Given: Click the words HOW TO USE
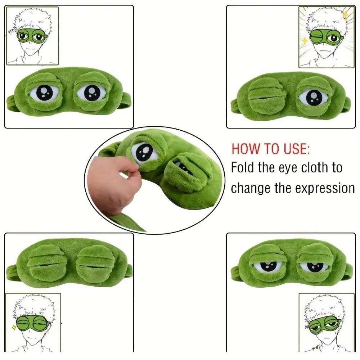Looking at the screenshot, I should tap(270, 148).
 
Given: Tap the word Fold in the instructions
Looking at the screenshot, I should tap(243, 167).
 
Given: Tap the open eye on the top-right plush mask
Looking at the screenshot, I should tap(314, 98).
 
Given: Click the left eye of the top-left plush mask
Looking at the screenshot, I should tap(45, 93).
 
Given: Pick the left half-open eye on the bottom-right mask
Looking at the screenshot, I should tap(268, 266).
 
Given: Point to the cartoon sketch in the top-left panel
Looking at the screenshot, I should tap(32, 36).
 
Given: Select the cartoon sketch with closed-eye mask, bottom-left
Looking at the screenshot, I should tap(33, 322).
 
